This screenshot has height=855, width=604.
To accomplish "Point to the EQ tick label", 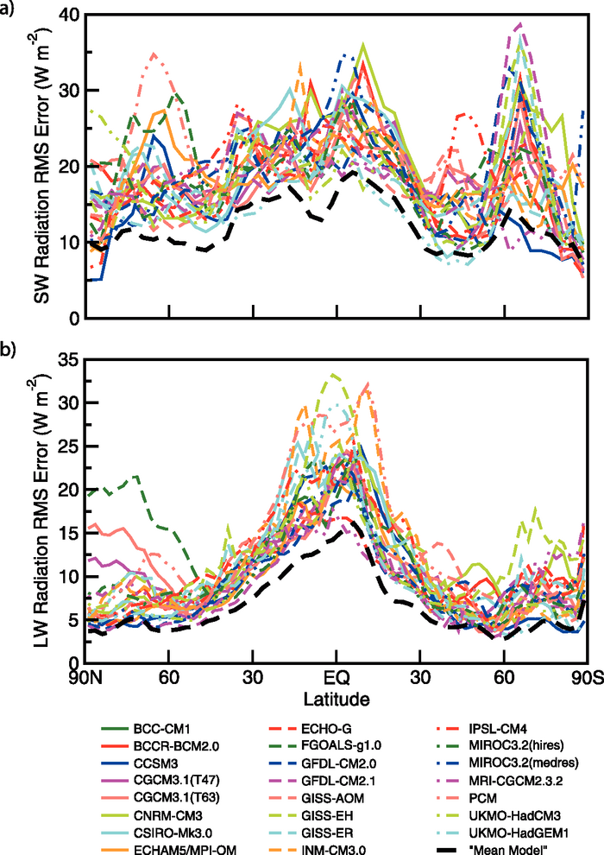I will pyautogui.click(x=337, y=676).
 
